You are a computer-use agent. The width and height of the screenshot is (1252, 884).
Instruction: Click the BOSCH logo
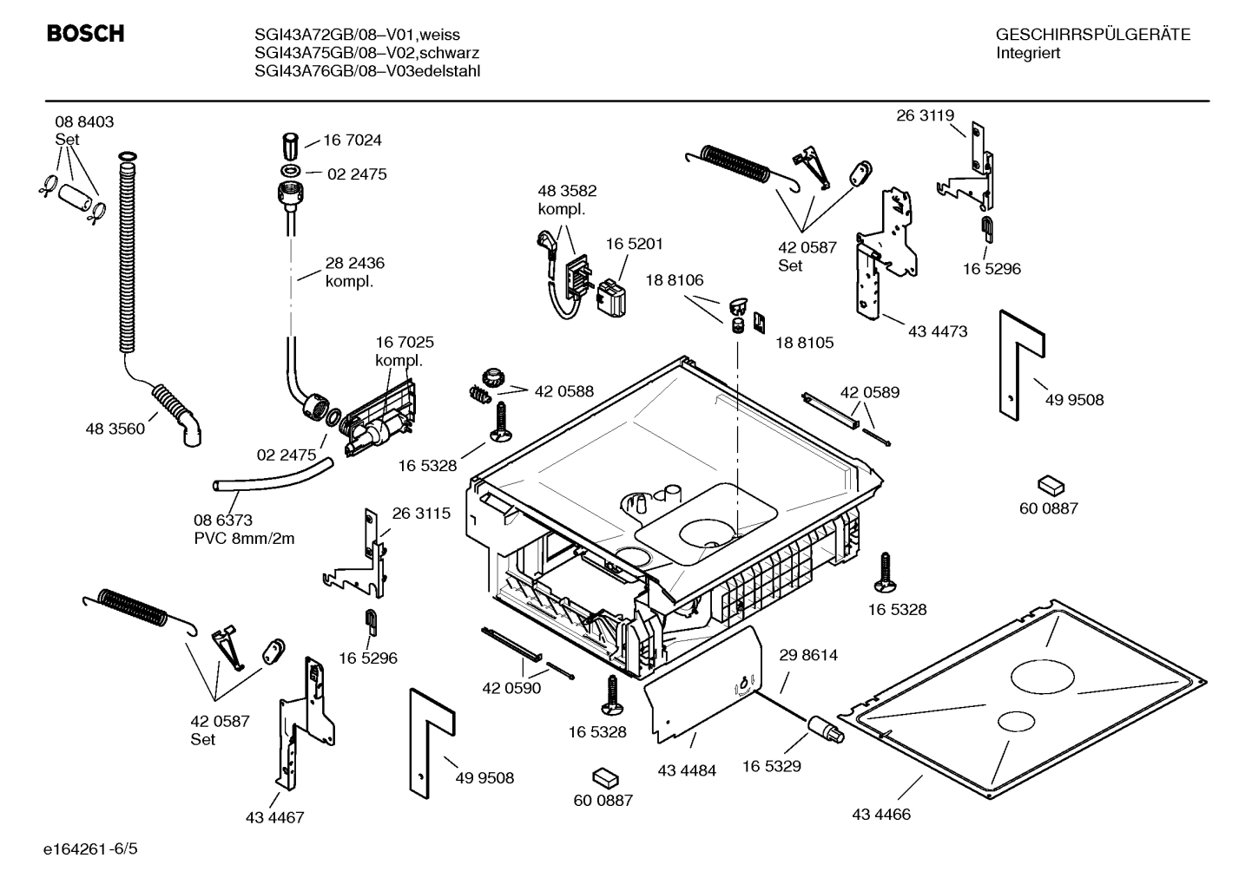(84, 34)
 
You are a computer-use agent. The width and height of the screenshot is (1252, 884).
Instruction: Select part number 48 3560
(115, 429)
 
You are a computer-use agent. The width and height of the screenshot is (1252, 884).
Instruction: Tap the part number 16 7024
(353, 141)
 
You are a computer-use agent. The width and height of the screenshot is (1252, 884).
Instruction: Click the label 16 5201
(634, 245)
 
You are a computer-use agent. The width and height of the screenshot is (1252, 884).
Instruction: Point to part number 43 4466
(881, 815)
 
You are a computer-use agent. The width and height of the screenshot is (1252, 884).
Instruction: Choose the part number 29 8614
(808, 656)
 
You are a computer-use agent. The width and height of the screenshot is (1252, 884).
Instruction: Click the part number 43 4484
(687, 770)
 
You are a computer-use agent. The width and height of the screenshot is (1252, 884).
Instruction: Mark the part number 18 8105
(804, 343)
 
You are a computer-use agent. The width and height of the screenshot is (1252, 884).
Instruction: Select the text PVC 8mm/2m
(244, 539)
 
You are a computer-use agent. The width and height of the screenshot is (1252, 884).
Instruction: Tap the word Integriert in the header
(1028, 53)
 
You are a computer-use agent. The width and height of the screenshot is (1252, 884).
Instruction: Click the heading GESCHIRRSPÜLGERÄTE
(1092, 35)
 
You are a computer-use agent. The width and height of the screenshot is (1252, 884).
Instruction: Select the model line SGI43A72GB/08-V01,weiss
(357, 35)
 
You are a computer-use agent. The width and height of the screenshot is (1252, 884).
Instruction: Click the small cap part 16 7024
(291, 141)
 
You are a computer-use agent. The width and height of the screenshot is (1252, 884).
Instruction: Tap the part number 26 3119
(925, 115)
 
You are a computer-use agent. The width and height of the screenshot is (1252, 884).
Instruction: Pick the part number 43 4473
(938, 331)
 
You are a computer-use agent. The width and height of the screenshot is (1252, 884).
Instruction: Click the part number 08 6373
(223, 521)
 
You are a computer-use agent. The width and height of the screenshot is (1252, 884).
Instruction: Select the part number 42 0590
(511, 688)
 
